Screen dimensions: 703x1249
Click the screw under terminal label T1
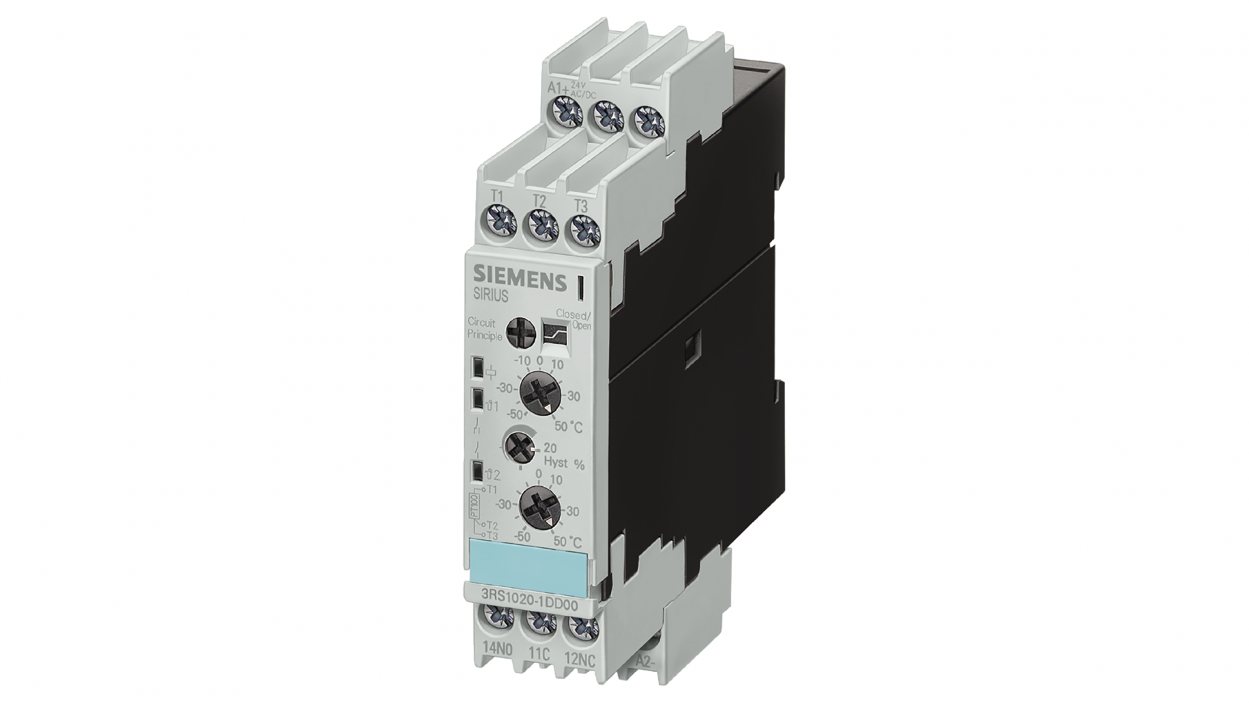click(500, 221)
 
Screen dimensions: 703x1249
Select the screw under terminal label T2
click(540, 224)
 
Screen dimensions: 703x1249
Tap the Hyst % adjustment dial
click(518, 447)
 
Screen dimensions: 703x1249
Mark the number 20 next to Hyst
click(550, 447)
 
